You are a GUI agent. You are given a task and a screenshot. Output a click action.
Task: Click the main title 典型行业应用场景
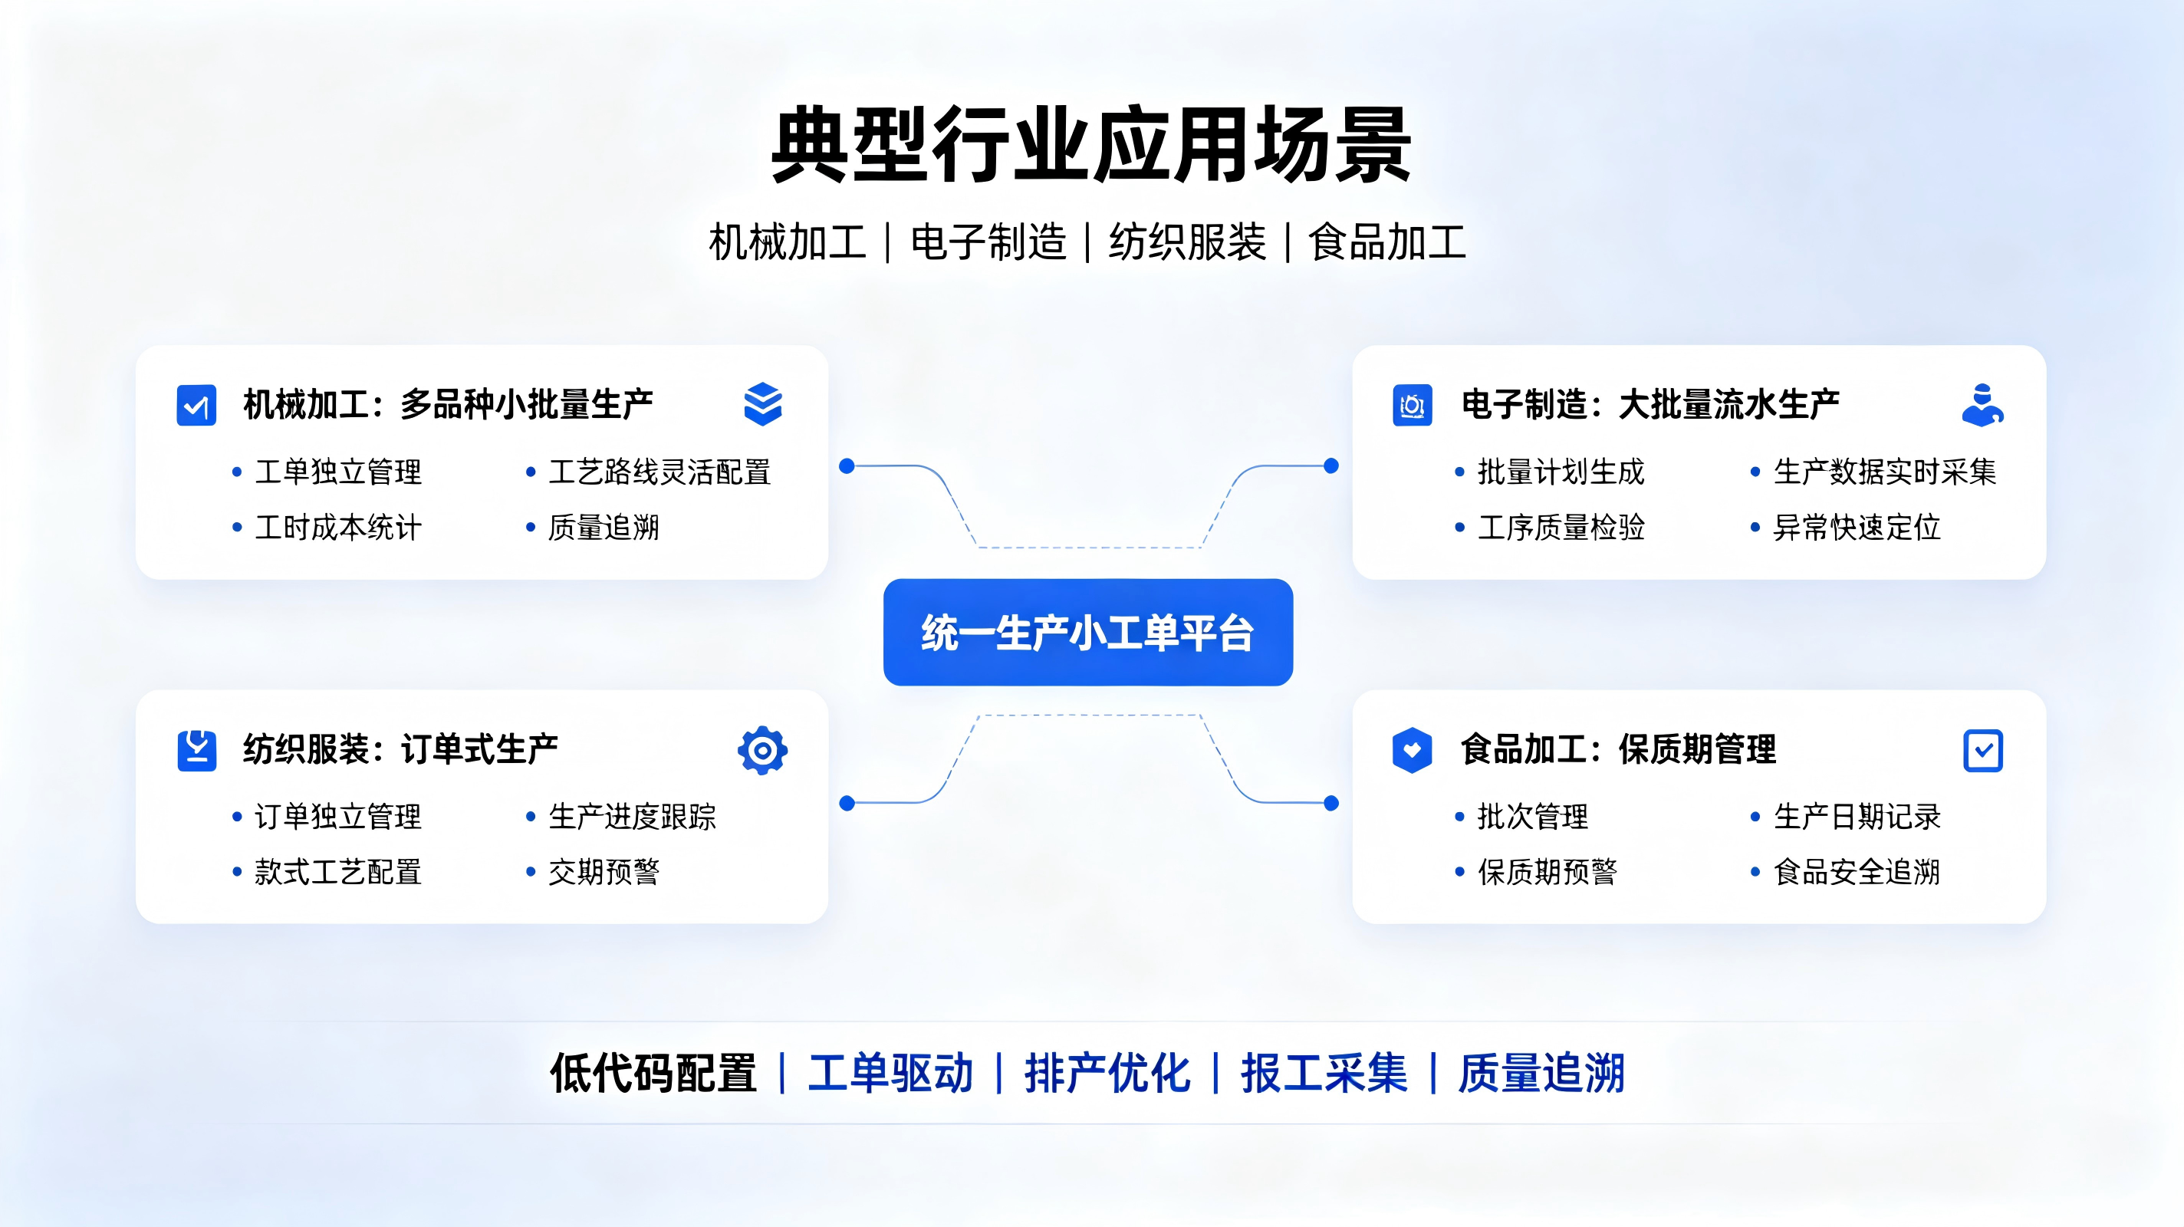click(1091, 144)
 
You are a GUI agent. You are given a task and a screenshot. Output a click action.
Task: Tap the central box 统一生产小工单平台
click(1087, 633)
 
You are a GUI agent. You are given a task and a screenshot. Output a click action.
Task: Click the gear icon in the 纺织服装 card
click(762, 751)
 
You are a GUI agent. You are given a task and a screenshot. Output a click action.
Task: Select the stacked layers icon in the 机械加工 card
click(763, 403)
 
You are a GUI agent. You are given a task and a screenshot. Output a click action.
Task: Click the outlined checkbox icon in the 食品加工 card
click(1983, 751)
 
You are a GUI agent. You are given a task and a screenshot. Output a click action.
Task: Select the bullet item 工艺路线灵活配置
click(659, 472)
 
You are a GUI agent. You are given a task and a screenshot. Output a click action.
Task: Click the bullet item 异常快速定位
click(1857, 528)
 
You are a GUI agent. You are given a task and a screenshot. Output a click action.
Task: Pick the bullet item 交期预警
click(604, 872)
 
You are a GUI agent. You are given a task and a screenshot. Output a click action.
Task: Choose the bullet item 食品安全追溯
click(1857, 872)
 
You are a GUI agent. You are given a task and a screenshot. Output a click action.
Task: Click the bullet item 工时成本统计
click(338, 528)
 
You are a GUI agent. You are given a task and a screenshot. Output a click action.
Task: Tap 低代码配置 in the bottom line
click(653, 1074)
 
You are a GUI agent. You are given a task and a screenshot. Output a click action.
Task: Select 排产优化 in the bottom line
click(1107, 1074)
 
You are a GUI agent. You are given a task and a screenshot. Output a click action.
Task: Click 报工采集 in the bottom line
click(1324, 1074)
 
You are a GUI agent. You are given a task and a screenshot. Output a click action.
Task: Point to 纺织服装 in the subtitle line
click(1188, 242)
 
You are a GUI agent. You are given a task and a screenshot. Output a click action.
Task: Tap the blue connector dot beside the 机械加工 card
click(846, 465)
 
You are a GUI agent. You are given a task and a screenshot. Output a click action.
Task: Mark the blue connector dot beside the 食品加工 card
click(1331, 803)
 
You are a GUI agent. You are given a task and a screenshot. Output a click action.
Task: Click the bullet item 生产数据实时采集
click(1885, 472)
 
